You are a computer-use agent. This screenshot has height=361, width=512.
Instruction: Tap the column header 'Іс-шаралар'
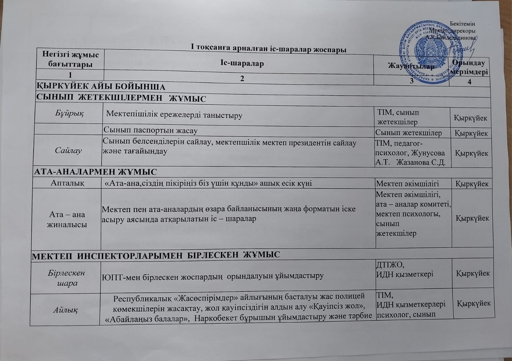(242, 63)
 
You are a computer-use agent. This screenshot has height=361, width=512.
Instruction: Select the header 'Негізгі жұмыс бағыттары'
(70, 59)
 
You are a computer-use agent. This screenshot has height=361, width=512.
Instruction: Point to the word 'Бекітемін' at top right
(462, 24)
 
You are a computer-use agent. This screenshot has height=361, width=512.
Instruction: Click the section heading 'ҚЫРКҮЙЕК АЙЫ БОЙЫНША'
(101, 87)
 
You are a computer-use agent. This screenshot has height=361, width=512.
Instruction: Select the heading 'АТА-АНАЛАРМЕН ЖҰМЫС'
(96, 172)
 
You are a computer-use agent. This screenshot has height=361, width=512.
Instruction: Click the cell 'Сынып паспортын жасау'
(150, 130)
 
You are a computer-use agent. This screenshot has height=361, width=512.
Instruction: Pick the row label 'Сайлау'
(68, 150)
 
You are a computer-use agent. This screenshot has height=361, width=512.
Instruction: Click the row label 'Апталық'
(68, 183)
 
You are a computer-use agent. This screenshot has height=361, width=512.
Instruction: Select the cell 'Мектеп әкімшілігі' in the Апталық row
(407, 184)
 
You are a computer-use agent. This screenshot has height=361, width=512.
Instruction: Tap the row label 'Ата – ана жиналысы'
(67, 219)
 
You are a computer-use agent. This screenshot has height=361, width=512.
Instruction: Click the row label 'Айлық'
(66, 309)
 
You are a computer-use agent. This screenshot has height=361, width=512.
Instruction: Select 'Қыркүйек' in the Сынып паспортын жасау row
(471, 133)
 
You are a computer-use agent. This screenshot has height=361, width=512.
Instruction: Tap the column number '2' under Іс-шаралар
(242, 78)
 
